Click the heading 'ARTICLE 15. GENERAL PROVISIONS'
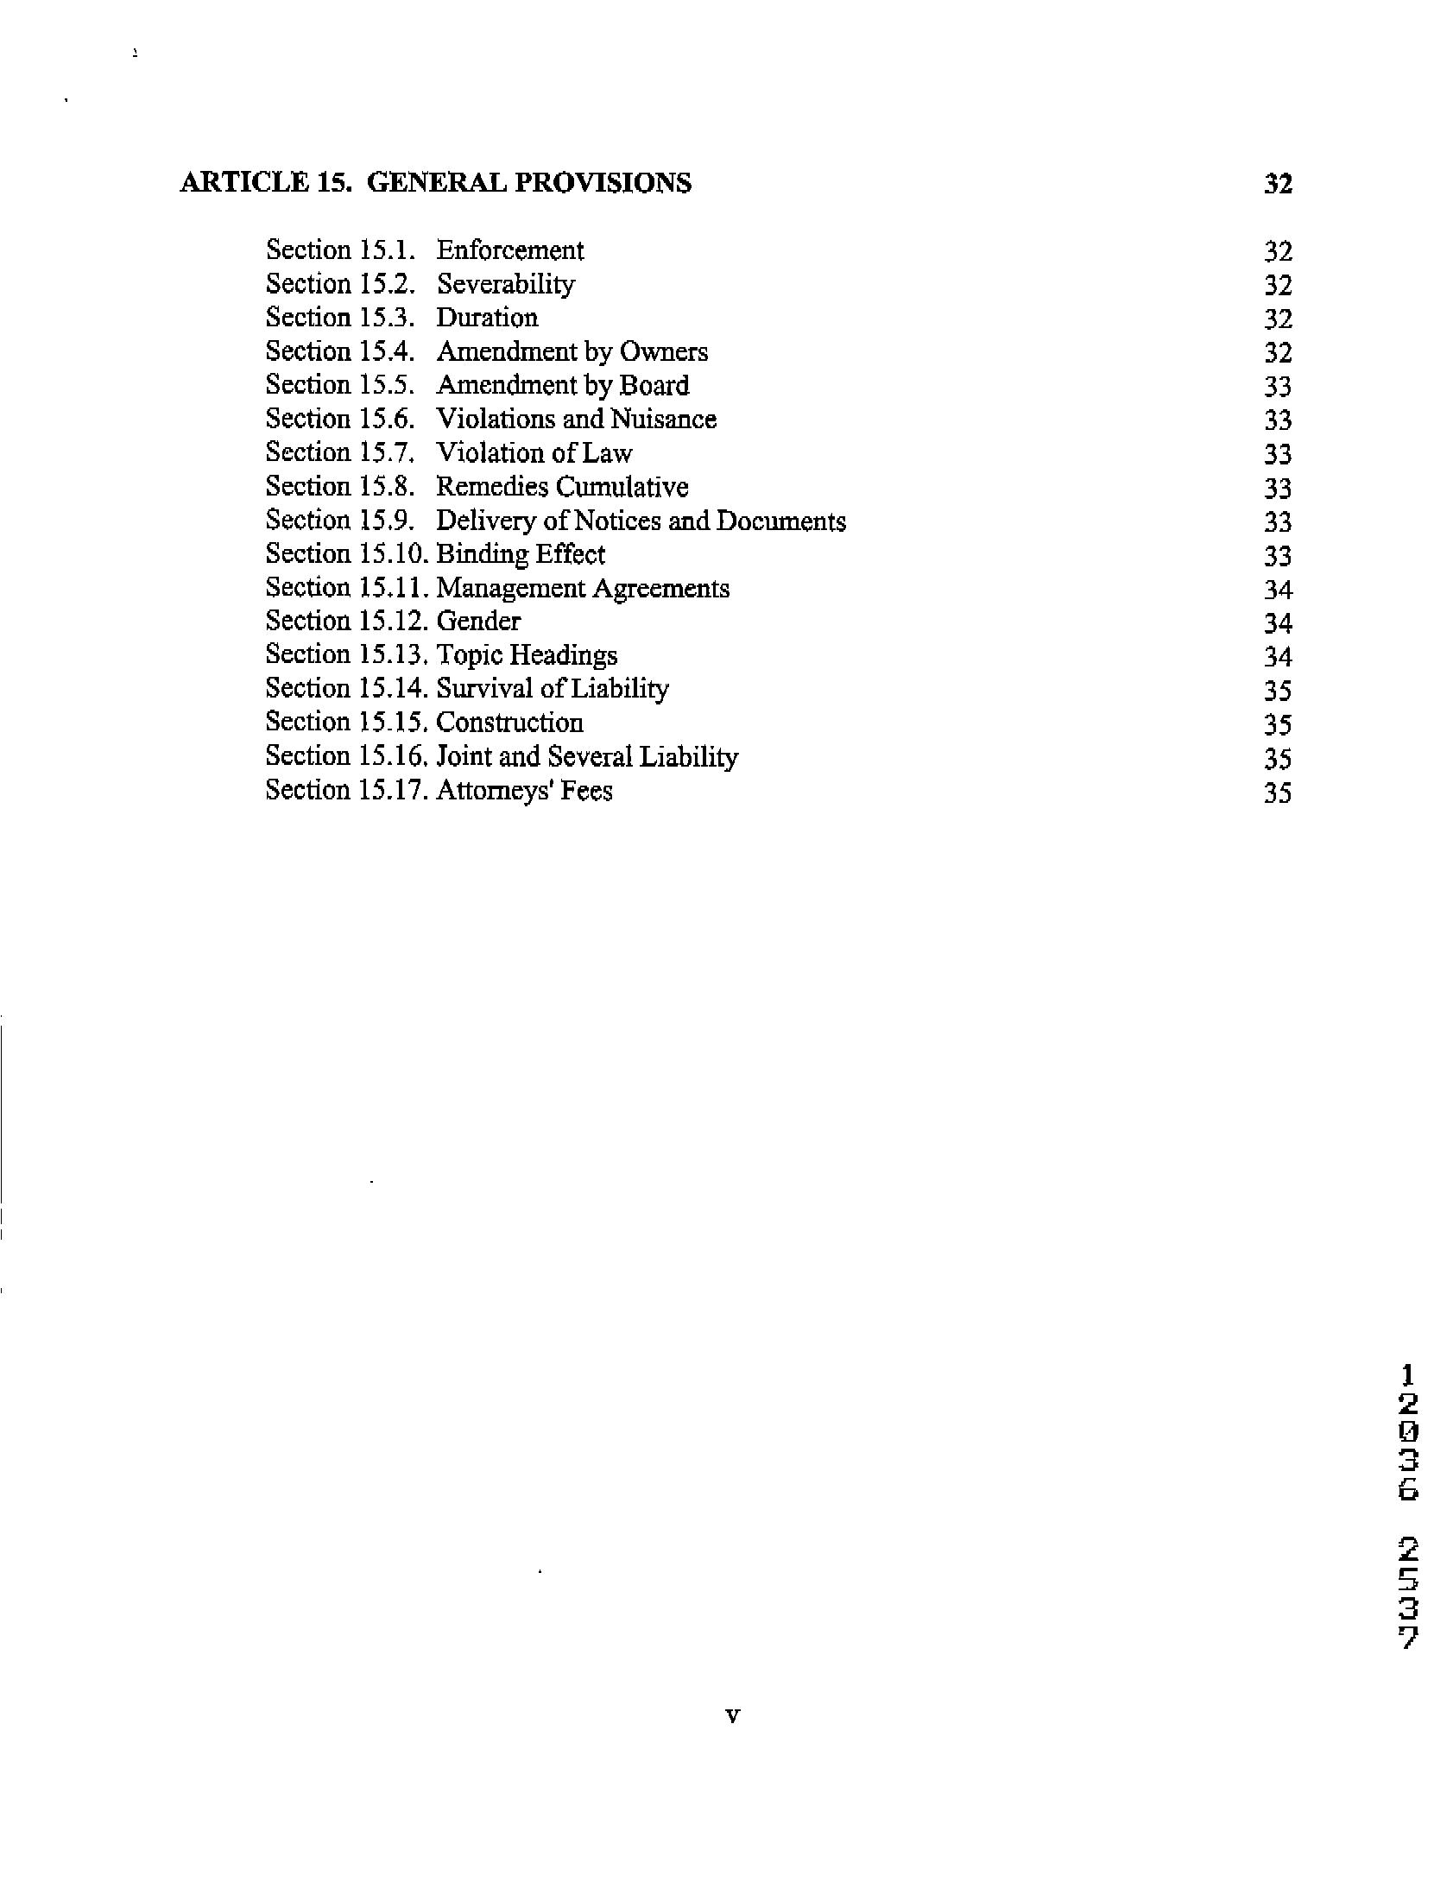click(x=435, y=183)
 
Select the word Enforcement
click(x=509, y=251)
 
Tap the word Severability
click(x=505, y=285)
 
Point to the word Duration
click(x=487, y=319)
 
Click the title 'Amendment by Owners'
click(x=572, y=352)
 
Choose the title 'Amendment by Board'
click(x=562, y=386)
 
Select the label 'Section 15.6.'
click(x=340, y=420)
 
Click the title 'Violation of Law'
click(x=534, y=453)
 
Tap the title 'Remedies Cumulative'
click(x=562, y=487)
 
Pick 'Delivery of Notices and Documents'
click(x=641, y=521)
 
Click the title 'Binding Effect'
click(x=521, y=554)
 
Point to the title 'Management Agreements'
click(x=583, y=588)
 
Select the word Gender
click(x=478, y=622)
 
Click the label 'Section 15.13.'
click(x=347, y=655)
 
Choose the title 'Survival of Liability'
click(x=552, y=689)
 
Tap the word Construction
click(x=509, y=723)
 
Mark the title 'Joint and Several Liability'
click(x=586, y=757)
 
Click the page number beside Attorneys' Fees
click(x=1278, y=793)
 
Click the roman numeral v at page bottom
click(x=732, y=1716)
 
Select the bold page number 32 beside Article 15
click(x=1278, y=183)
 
